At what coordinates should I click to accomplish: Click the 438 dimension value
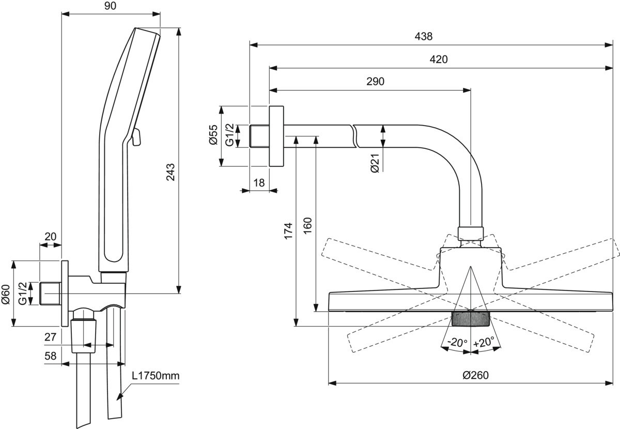(424, 37)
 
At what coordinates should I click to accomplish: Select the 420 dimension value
(439, 59)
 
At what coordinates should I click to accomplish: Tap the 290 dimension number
(376, 82)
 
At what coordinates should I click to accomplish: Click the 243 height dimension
(171, 172)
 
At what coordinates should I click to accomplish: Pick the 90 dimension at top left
(110, 6)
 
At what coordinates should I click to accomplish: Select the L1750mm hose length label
(155, 376)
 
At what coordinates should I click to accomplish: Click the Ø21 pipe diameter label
(375, 164)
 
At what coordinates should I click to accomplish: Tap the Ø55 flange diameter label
(213, 135)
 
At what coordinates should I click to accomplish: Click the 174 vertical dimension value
(288, 230)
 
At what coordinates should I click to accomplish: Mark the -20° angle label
(457, 342)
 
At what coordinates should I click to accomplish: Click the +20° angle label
(484, 342)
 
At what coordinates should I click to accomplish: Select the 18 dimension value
(259, 182)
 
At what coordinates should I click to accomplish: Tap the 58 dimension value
(50, 356)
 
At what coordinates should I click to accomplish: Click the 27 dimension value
(50, 337)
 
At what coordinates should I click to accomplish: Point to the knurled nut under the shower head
(470, 319)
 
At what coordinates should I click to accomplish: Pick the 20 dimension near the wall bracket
(50, 236)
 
